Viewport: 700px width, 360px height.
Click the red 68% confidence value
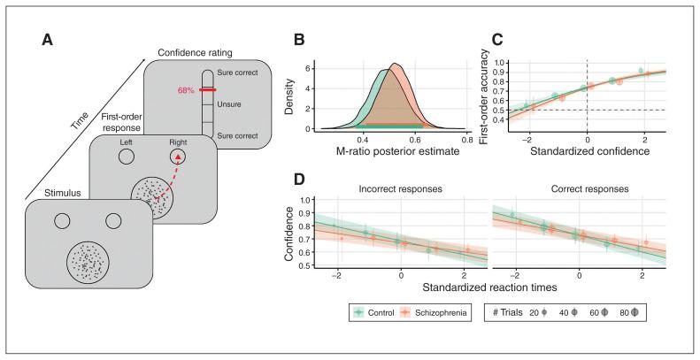[x=186, y=89]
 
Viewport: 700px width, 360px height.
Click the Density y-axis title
[x=304, y=96]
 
